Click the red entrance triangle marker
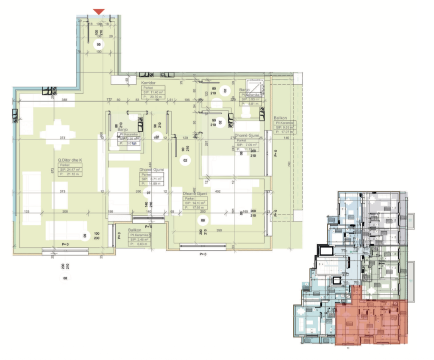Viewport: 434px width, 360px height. point(99,11)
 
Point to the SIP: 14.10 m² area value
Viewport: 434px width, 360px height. point(195,203)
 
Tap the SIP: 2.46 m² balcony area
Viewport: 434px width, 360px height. point(140,239)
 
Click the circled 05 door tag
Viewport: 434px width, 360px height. point(99,44)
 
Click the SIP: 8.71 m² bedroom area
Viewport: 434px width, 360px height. point(151,179)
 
